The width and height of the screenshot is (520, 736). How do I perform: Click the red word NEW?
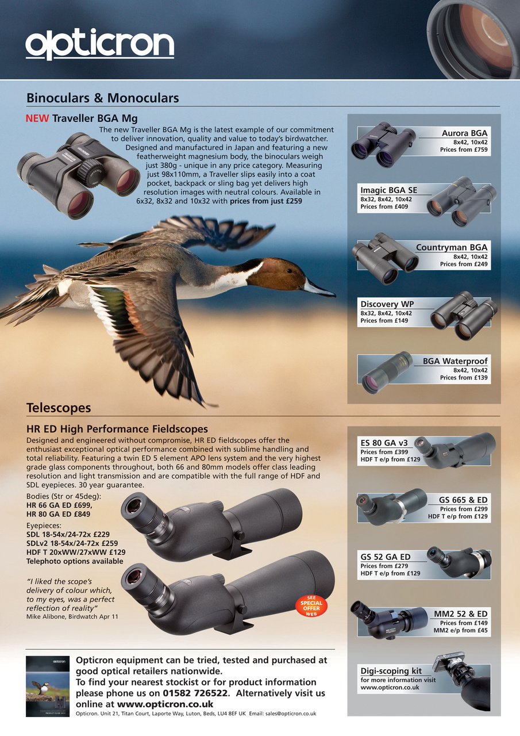pos(37,119)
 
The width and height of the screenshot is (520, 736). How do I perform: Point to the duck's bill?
pos(319,288)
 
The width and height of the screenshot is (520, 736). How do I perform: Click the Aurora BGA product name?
pos(464,133)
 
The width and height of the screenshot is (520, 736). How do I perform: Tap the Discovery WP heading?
pos(387,304)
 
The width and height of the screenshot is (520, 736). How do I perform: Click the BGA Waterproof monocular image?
pos(387,373)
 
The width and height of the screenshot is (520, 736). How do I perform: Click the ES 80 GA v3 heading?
pos(384,443)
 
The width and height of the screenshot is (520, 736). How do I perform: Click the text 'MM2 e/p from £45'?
pos(460,631)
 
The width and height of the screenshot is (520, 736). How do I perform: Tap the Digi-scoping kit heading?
pos(391,671)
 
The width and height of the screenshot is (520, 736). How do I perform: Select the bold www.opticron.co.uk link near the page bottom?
pos(165,704)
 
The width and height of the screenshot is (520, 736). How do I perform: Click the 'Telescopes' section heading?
pos(59,408)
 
